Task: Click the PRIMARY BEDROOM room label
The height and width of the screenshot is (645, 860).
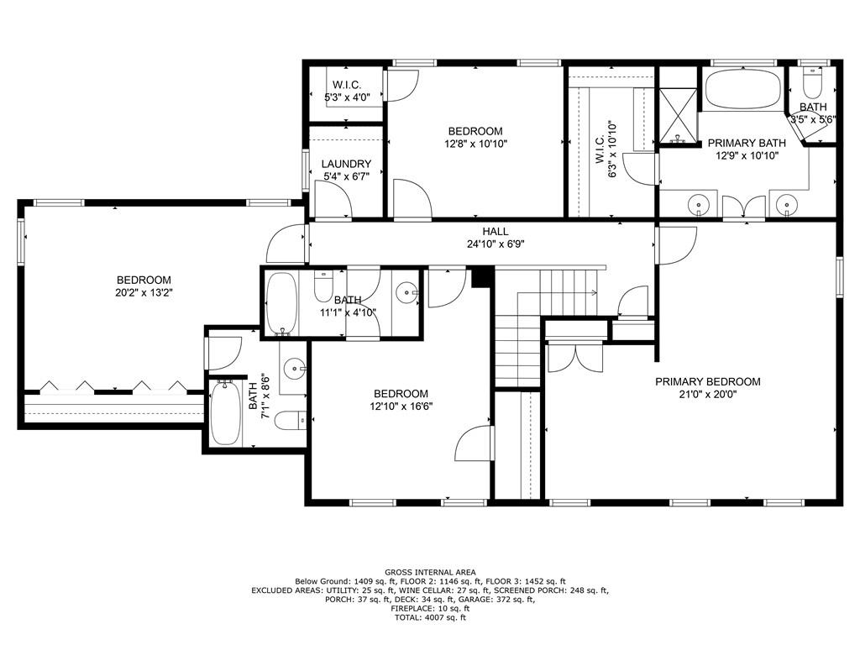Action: click(707, 381)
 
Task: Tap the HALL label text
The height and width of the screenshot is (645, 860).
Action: click(496, 232)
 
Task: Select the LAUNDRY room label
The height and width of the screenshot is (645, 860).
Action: click(346, 164)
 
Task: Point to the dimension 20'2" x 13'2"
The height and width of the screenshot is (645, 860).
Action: click(144, 293)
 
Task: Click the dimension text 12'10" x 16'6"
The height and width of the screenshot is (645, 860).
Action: click(401, 406)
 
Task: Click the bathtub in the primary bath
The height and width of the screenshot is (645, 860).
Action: click(742, 89)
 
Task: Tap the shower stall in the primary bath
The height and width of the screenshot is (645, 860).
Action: click(676, 116)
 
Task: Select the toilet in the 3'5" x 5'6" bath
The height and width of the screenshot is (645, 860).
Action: click(812, 84)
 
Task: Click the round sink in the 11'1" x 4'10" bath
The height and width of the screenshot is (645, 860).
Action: click(406, 293)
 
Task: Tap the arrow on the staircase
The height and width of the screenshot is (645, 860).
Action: click(592, 293)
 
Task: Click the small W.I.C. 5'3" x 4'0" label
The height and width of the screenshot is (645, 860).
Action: click(346, 85)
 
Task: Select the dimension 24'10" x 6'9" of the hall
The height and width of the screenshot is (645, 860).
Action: click(496, 244)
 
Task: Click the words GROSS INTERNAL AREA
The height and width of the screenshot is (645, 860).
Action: click(429, 572)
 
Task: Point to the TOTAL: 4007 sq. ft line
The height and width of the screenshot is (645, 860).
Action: click(429, 618)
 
